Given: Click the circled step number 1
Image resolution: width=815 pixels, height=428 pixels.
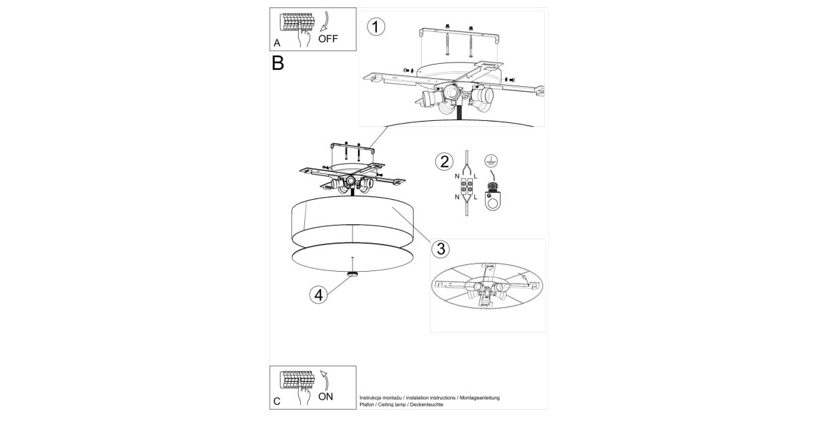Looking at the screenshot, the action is click(x=376, y=27).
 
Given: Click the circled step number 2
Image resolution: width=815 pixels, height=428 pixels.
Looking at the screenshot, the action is click(x=444, y=162).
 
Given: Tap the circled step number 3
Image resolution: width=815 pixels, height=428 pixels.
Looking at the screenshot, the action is click(x=440, y=249).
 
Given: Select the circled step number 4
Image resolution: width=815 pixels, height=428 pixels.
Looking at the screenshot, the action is click(x=319, y=295).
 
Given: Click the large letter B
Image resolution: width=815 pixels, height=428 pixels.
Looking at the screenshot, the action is click(x=278, y=63).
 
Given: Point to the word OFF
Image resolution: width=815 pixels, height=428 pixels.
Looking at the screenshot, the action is click(x=328, y=39).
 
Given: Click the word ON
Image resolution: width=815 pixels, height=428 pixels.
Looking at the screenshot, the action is click(x=325, y=397).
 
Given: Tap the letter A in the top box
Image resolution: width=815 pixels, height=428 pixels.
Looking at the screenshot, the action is click(x=277, y=43).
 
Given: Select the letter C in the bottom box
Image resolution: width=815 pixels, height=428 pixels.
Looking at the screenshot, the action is click(x=277, y=402).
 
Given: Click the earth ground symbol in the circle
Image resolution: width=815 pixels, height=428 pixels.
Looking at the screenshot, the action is click(x=491, y=160).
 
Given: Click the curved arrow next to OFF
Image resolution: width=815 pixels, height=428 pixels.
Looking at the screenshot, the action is click(x=325, y=21).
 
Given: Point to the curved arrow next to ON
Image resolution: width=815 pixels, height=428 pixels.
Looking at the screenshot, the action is click(x=325, y=380).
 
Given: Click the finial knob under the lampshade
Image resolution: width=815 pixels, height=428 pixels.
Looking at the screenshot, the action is click(x=352, y=274).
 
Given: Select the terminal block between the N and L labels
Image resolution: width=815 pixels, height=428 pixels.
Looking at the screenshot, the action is click(x=467, y=186).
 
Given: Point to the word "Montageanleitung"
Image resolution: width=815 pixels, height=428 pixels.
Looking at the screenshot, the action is click(x=479, y=398).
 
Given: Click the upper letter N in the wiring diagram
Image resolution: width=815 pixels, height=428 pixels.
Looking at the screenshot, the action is click(x=457, y=176).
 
